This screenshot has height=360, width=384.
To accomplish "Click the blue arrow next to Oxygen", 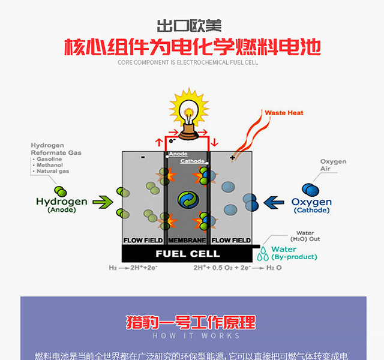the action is click(275, 202).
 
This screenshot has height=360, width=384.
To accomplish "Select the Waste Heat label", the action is click(284, 112).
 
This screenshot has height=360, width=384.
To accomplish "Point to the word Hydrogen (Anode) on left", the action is click(61, 205).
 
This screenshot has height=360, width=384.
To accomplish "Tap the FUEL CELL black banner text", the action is click(188, 254).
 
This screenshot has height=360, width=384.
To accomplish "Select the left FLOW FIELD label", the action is click(143, 241).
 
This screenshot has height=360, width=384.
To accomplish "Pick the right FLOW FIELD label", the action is click(231, 241).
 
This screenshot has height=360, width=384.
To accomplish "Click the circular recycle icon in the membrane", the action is click(187, 199).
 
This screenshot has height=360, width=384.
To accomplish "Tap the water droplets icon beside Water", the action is click(263, 254).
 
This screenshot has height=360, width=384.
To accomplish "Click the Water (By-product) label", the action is click(293, 253).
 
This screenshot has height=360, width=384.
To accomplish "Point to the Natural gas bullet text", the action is click(53, 172).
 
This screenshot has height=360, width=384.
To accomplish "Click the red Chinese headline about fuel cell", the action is click(192, 47).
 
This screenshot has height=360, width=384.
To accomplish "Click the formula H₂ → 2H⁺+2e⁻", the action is click(134, 268).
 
